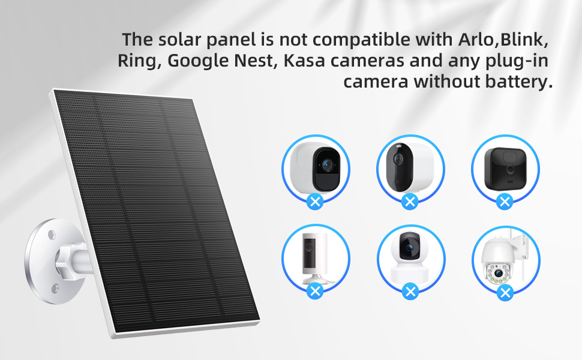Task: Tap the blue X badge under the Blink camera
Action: [506, 201]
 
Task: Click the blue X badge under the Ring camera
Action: [315, 292]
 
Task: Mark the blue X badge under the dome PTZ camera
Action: [506, 292]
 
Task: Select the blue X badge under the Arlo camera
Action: [315, 201]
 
